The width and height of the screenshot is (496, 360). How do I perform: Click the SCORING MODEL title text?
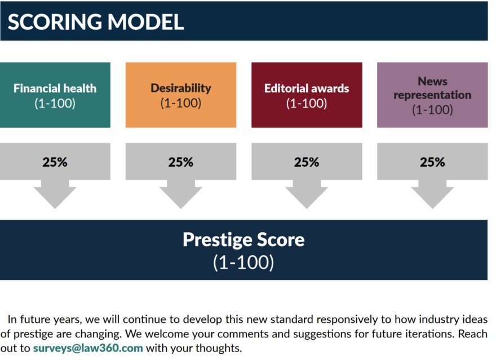click(96, 22)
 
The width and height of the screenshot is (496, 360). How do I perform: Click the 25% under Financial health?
click(55, 162)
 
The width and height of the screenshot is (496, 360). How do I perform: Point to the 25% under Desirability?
click(181, 162)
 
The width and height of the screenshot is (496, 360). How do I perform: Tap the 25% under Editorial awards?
click(307, 162)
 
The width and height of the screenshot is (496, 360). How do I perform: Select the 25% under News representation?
click(432, 162)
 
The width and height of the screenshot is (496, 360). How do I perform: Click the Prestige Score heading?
click(243, 240)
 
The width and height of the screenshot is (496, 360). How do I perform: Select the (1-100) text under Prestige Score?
click(243, 262)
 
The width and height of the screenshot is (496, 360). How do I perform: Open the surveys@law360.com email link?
click(88, 348)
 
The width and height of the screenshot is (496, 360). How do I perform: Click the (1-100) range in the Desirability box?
click(181, 103)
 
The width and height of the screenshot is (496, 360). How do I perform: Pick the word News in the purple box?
click(433, 82)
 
